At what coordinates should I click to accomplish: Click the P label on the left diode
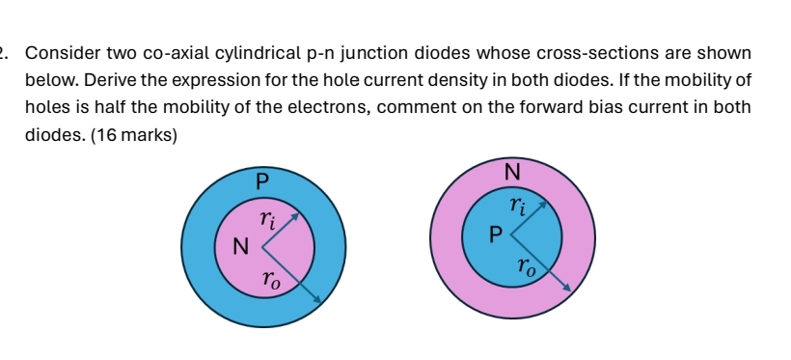point(259,179)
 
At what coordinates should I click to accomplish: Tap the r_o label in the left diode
point(274,281)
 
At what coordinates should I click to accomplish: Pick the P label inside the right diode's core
point(496,234)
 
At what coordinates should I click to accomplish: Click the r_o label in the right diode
point(526,265)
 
